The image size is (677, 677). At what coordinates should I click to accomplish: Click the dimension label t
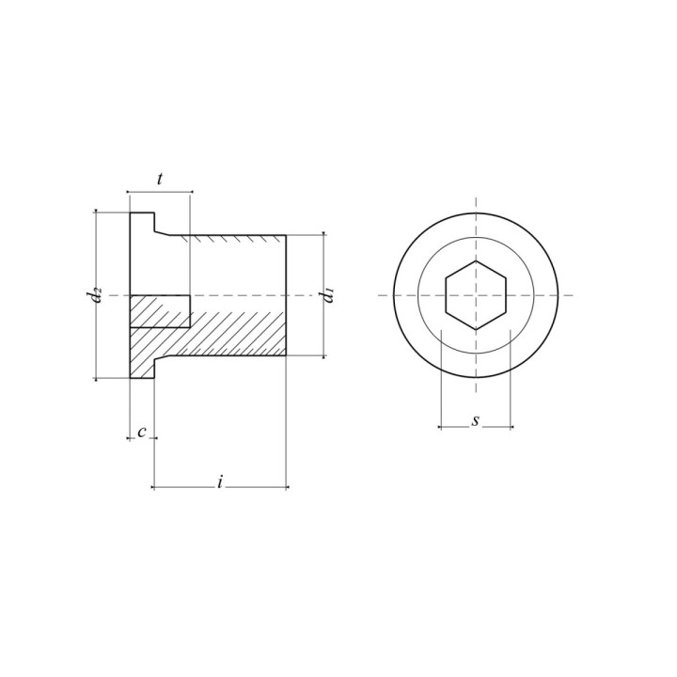coord(159,179)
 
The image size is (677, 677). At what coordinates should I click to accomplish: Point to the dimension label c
coord(142,432)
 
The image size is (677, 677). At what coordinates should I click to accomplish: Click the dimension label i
coord(220,481)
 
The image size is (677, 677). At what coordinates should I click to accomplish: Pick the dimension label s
coord(476,420)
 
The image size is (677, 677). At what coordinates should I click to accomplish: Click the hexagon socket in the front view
coord(476,295)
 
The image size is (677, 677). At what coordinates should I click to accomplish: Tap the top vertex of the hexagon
coord(476,260)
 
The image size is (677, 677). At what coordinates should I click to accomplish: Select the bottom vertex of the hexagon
coord(476,330)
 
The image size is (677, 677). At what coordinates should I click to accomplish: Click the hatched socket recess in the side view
coord(160,311)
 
